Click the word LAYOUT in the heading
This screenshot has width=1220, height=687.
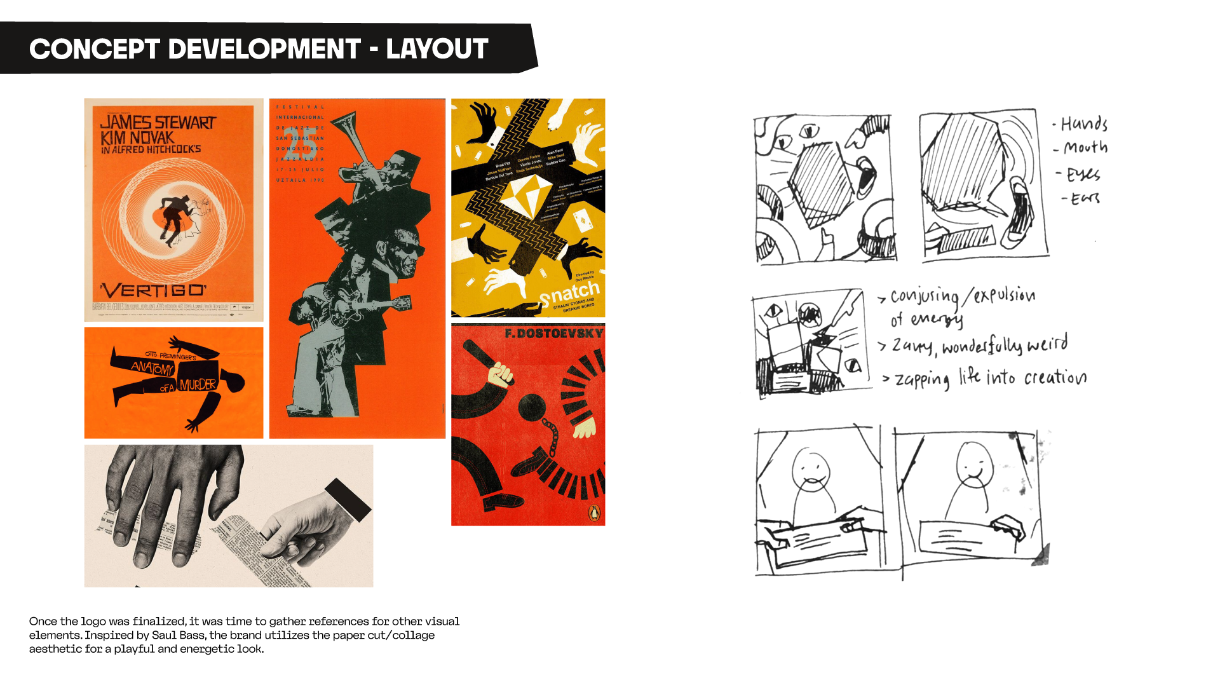[437, 49]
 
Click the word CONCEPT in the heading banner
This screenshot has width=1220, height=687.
[93, 49]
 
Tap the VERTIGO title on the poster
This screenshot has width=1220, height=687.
[153, 290]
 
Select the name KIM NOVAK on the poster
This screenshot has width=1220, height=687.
[137, 137]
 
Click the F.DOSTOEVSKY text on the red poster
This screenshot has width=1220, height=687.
[553, 334]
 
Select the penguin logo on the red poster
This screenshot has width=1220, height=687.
[593, 513]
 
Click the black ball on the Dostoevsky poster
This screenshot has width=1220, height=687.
[531, 407]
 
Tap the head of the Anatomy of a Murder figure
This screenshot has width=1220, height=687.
[236, 382]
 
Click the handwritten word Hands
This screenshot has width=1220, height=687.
[1084, 123]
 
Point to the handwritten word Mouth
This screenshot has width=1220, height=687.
[1085, 147]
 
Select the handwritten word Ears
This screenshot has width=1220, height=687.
[1085, 199]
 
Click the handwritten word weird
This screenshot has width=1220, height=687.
[1047, 344]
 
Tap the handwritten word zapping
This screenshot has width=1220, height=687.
[922, 379]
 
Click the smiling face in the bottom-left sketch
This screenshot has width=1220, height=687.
[810, 469]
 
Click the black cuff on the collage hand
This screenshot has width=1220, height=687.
[348, 500]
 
